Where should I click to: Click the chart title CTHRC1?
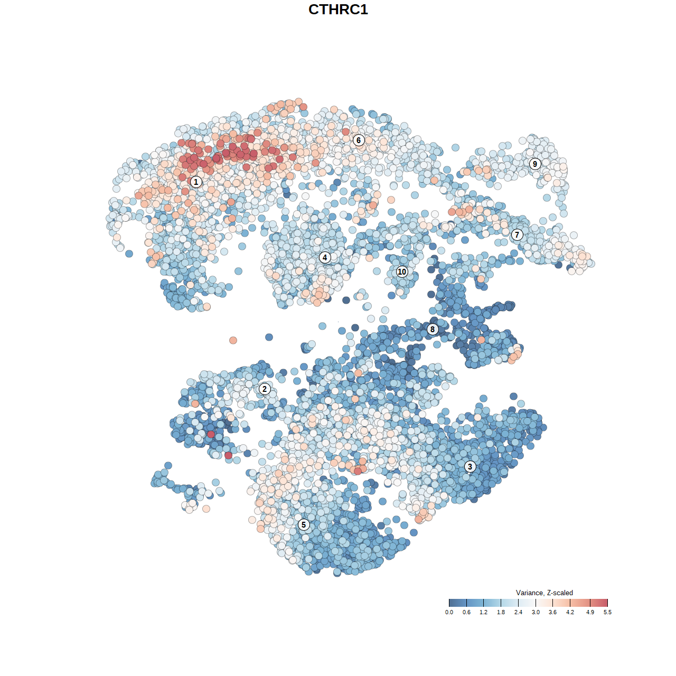point(338,10)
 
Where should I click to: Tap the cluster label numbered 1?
point(196,182)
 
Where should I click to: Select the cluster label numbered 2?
point(265,389)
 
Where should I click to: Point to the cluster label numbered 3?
point(470,466)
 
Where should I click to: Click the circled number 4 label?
point(325,258)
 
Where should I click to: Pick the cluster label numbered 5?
point(304,524)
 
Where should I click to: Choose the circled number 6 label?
point(359,140)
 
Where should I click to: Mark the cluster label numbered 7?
point(517,235)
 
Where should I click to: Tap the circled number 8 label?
point(433,330)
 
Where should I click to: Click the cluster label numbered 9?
point(535,164)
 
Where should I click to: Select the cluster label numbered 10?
point(402,271)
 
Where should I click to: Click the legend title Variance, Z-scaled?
point(544,593)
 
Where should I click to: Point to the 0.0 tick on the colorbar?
point(449,612)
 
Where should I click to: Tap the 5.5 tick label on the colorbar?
point(607,612)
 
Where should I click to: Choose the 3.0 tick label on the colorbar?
point(536,612)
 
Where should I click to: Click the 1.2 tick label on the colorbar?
point(483,612)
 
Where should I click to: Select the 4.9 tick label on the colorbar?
point(590,612)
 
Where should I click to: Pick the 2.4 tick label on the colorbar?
point(518,612)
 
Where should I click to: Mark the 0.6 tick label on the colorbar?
point(466,612)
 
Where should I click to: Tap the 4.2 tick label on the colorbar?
point(570,612)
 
